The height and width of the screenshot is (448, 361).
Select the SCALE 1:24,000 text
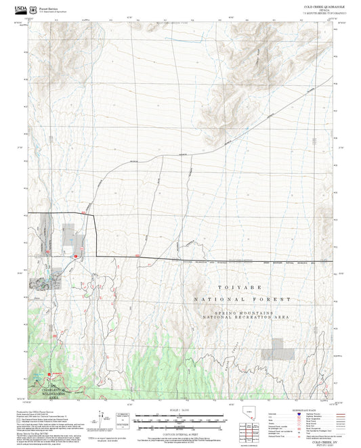coord(180,410)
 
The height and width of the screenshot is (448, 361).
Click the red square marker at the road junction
coord(75,256)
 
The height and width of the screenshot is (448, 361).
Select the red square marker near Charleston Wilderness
coord(49,373)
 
